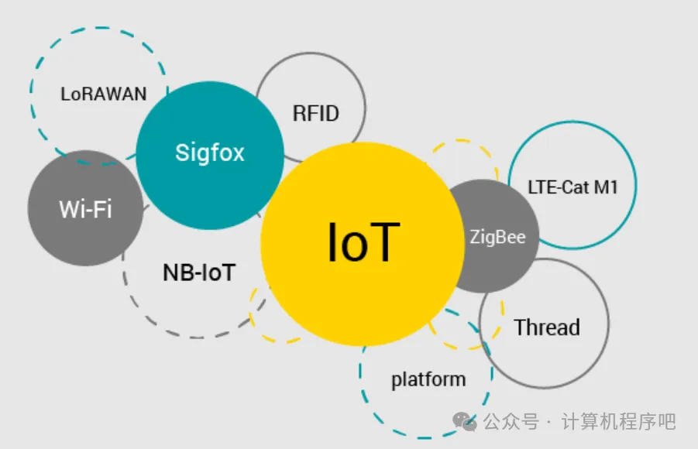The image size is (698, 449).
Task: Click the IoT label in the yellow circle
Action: pos(363,243)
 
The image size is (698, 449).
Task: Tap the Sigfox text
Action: pos(209,153)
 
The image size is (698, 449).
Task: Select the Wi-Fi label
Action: pos(85,209)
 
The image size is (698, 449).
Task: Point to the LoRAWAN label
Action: pos(103,94)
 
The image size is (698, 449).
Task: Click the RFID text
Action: pos(315,114)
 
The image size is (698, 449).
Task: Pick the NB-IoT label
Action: pos(198,272)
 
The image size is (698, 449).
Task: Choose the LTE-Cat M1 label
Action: pos(572,187)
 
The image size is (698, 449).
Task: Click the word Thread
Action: pos(546,327)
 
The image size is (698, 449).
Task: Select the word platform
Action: pos(428,379)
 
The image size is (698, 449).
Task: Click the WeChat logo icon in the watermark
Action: pos(466,421)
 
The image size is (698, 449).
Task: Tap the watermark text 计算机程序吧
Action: pos(619,422)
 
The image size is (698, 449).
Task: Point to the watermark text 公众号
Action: pos(511,422)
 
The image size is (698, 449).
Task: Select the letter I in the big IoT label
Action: pos(333,243)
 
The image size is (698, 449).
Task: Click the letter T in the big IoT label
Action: pos(386,243)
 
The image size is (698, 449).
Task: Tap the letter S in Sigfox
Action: pos(181,153)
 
